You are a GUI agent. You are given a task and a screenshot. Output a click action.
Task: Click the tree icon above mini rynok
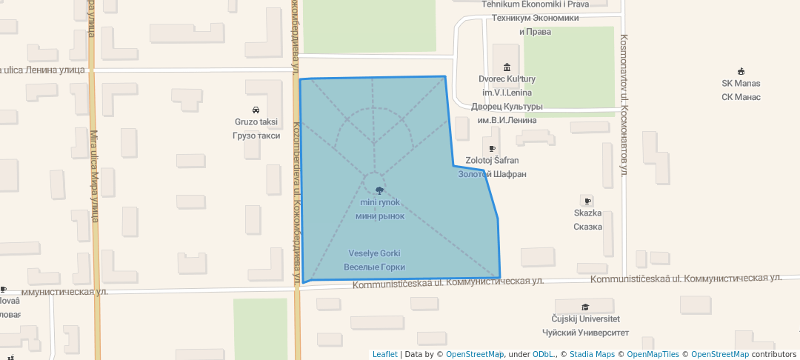379,190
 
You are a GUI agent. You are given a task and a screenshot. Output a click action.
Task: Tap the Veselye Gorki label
374,253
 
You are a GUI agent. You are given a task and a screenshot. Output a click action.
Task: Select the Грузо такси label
256,136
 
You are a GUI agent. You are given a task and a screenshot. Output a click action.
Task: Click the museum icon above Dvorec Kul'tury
507,67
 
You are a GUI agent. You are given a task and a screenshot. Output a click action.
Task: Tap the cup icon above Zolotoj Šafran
492,149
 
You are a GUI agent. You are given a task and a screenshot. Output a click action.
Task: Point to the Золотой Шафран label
492,174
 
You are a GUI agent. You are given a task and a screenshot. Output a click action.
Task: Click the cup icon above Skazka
587,201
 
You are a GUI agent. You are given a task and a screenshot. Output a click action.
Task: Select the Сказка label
587,227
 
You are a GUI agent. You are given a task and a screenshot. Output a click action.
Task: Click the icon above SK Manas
741,71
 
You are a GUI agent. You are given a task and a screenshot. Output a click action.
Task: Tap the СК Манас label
741,97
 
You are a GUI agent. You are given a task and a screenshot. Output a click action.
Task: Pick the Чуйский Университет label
584,333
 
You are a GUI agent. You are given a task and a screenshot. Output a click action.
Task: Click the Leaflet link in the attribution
384,354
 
